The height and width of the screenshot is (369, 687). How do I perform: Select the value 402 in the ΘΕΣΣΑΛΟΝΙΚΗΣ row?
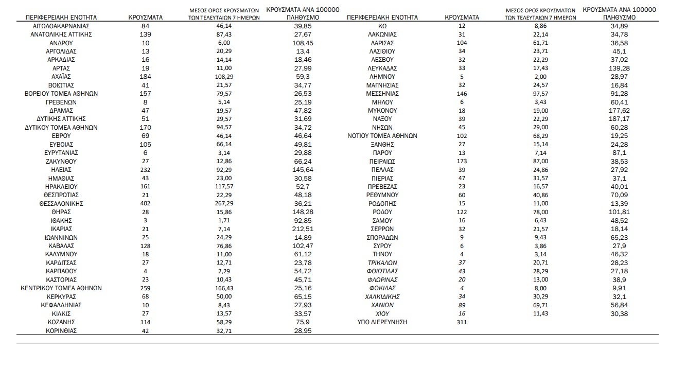pos(145,203)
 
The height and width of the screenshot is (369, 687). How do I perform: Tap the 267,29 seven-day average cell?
pos(223,203)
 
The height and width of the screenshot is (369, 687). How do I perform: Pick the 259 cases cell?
pos(145,288)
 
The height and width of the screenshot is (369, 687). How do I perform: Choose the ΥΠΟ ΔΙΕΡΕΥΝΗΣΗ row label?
pos(382,322)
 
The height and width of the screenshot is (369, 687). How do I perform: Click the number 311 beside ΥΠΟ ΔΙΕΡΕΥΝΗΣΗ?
pos(462,322)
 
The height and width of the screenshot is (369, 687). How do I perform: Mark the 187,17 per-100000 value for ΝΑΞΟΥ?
pos(619,119)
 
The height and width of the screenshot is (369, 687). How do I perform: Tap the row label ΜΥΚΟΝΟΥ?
pos(382,110)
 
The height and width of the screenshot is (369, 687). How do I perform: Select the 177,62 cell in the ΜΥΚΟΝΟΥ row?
pos(619,110)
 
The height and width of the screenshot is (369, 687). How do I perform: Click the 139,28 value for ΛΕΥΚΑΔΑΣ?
pos(619,68)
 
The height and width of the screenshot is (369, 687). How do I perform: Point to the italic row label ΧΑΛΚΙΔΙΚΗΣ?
pos(382,296)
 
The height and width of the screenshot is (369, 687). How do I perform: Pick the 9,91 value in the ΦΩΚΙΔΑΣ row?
pos(619,288)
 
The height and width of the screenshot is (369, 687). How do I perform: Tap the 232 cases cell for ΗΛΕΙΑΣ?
pos(145,169)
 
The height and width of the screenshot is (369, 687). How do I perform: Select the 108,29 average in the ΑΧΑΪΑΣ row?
pos(223,76)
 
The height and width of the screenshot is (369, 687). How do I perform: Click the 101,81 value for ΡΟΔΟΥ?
pos(619,212)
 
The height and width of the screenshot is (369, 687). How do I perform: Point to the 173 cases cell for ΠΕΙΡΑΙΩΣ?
pos(462,161)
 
